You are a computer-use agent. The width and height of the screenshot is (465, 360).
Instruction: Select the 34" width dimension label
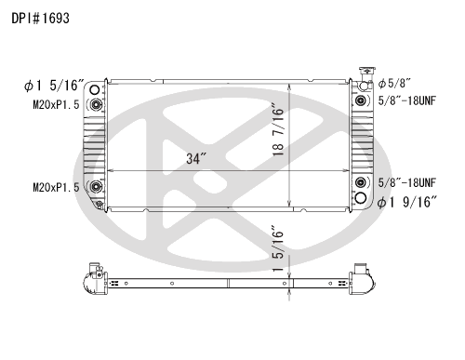(194, 159)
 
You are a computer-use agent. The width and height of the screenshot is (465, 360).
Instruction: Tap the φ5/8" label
(393, 83)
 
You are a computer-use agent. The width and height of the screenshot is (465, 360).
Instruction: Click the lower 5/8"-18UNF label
(408, 182)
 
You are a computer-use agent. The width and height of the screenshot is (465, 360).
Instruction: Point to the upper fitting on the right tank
(361, 100)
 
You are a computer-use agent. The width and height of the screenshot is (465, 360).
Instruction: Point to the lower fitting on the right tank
(361, 183)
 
